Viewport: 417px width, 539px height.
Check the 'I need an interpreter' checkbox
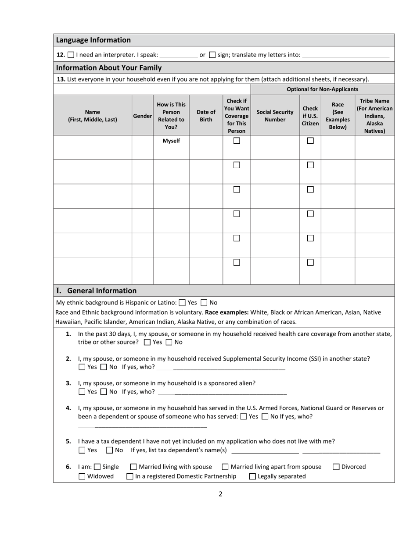tap(71, 55)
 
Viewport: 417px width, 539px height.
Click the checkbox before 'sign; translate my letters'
tap(212, 55)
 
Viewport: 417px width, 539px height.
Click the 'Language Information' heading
tap(93, 40)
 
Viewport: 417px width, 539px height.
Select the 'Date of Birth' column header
tap(206, 116)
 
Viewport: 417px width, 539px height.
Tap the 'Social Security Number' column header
tap(275, 116)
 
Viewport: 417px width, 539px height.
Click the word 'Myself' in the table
tap(171, 141)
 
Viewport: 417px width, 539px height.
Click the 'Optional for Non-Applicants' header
tap(322, 89)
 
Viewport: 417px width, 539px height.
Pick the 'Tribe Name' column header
tap(374, 116)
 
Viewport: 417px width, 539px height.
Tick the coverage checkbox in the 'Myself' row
tap(237, 141)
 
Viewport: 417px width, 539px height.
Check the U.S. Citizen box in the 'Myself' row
tap(310, 141)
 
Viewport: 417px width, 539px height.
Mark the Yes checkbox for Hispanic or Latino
tap(182, 303)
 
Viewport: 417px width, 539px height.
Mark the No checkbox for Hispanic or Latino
tap(204, 303)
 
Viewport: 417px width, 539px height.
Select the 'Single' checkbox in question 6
tap(97, 467)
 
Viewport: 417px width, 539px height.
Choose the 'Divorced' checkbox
tap(336, 467)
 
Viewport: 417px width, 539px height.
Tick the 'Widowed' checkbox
tap(82, 476)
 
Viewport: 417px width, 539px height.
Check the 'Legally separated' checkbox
tap(252, 476)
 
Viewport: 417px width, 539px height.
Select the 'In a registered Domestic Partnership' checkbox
tap(130, 476)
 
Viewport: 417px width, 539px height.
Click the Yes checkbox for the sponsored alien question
tap(82, 392)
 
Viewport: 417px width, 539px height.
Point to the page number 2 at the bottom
tap(220, 494)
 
